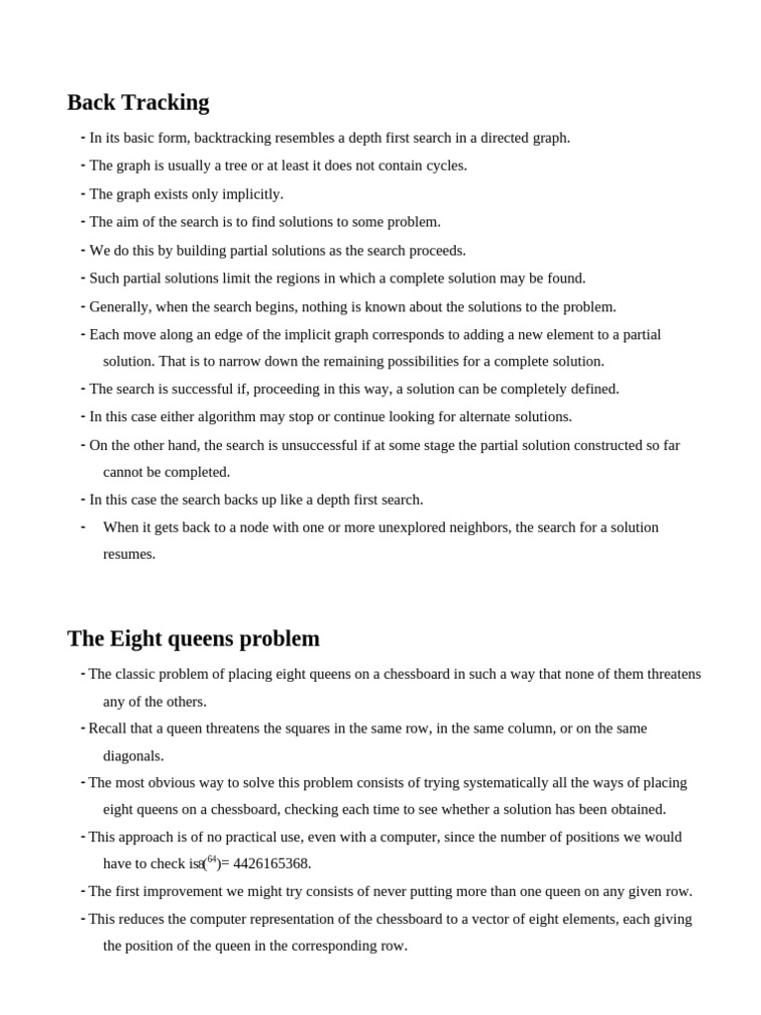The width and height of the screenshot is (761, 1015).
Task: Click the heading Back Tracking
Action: click(x=138, y=102)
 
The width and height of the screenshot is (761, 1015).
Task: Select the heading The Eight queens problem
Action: click(x=193, y=638)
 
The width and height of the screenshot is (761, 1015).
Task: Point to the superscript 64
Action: click(x=212, y=859)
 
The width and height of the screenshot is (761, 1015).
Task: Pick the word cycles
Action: click(x=443, y=166)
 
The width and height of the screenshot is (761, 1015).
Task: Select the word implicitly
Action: click(x=250, y=194)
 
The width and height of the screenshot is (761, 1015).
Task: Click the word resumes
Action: click(x=129, y=554)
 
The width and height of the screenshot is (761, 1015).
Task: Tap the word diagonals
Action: click(x=133, y=756)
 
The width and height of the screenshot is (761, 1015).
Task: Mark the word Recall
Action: click(x=109, y=729)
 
